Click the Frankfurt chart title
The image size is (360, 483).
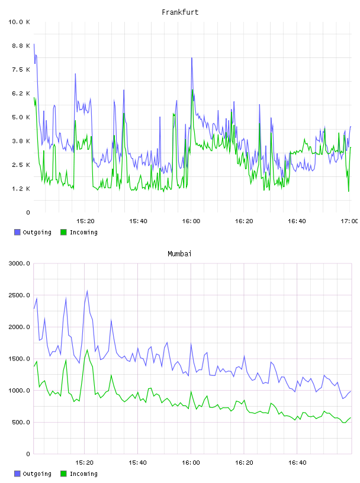[180, 12]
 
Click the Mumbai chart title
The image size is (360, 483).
[179, 254]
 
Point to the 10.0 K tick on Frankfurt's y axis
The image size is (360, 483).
[19, 22]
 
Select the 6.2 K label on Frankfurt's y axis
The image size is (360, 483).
[21, 94]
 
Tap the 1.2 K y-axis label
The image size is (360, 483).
[21, 188]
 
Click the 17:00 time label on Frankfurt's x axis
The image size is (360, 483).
[349, 221]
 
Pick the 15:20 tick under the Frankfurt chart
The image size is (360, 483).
[85, 221]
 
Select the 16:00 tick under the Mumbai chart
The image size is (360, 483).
[191, 462]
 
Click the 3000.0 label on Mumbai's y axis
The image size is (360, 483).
[19, 263]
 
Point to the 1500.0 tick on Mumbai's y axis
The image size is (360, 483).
[19, 359]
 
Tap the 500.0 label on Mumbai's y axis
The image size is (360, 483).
[21, 422]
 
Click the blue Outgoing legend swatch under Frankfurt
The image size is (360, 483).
[17, 232]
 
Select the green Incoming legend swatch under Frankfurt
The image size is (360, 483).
[63, 232]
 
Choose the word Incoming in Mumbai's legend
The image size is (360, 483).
[83, 474]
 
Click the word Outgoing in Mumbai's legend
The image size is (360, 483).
[37, 474]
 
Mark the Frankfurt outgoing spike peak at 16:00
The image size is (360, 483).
[192, 58]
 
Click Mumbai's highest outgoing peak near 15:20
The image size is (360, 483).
[87, 291]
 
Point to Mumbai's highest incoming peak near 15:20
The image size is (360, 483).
[87, 350]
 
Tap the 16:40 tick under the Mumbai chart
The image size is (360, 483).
[297, 462]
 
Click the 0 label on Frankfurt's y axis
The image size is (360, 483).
[28, 212]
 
